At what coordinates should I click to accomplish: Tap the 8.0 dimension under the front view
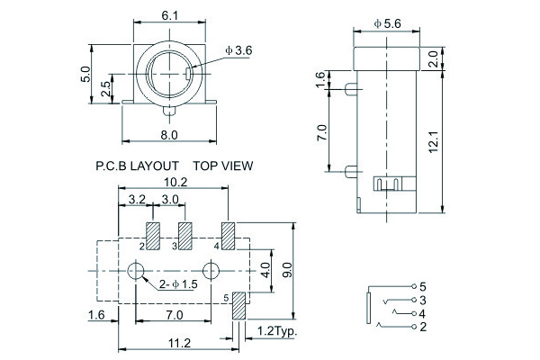pos(169,134)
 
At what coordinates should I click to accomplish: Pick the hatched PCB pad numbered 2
pos(152,236)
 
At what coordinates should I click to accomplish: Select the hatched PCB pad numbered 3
pos(186,236)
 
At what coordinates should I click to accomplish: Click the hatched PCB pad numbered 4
pos(228,236)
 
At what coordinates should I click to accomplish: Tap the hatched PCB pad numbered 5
pos(238,305)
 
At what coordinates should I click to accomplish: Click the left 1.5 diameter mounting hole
pos(138,271)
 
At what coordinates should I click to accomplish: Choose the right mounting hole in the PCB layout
pos(211,271)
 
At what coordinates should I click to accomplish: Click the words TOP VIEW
pos(222,166)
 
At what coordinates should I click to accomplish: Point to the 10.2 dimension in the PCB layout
pos(171,182)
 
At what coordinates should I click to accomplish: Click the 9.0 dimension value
pos(287,267)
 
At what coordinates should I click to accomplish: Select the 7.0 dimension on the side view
pos(322,133)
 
